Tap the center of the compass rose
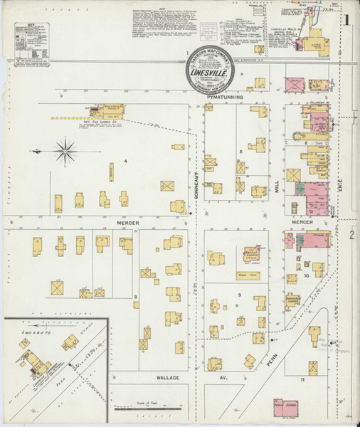tap(65, 150)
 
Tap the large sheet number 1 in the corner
tap(346, 20)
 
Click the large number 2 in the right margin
tap(351, 234)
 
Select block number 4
tap(125, 162)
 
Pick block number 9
tap(240, 295)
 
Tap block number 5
tap(242, 152)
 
